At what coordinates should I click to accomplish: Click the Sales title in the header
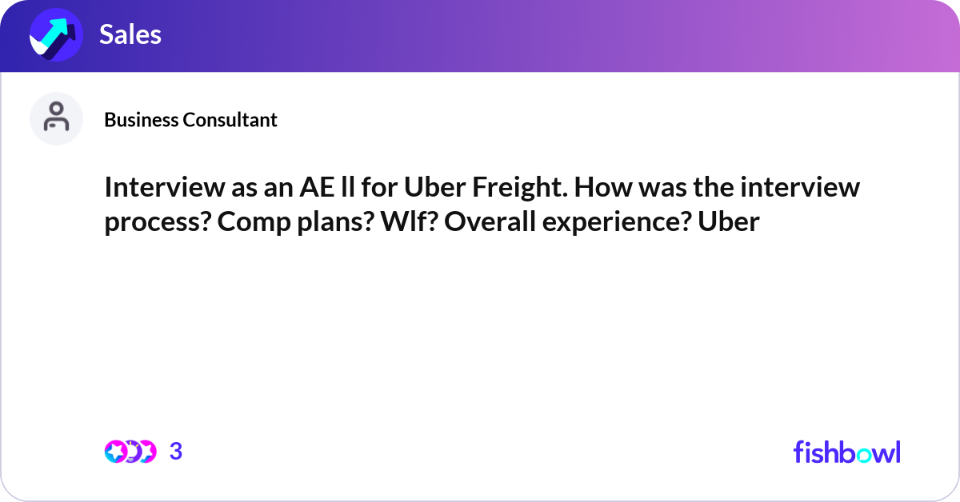click(130, 34)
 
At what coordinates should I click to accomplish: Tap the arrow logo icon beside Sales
click(56, 34)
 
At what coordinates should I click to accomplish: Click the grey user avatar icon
click(56, 118)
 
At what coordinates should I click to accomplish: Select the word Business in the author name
click(142, 119)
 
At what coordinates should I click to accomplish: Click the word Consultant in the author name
click(230, 119)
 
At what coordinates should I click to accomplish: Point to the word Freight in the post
click(520, 187)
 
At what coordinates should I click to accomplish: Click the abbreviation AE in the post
click(317, 187)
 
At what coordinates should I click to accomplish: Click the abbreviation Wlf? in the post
click(409, 221)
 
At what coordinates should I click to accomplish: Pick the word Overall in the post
click(490, 221)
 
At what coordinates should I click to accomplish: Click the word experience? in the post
click(617, 222)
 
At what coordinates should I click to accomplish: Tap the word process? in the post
click(158, 222)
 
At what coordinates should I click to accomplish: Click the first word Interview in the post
click(165, 187)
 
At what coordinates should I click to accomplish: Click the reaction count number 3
click(176, 451)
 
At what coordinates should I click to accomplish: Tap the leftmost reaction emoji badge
click(115, 452)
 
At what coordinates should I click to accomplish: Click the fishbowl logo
click(847, 452)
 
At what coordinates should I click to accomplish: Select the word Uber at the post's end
click(729, 221)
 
